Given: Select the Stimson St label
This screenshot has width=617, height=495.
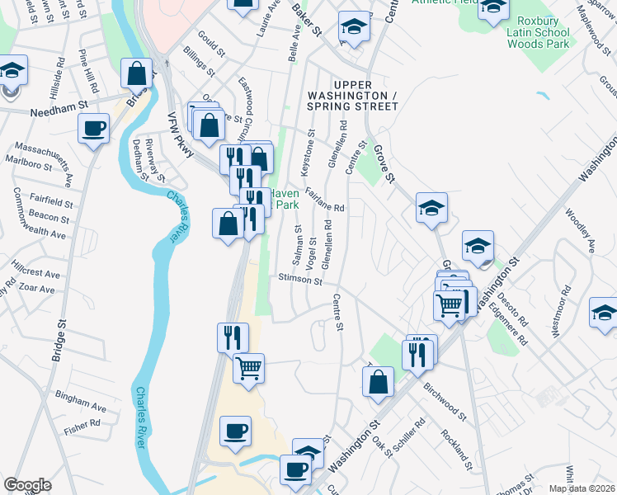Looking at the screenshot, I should coord(299,280).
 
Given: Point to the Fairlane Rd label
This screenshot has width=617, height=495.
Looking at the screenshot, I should coord(324,202).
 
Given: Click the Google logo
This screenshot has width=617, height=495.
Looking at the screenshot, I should coord(27,485).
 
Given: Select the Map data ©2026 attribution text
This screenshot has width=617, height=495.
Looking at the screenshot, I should coord(582,488).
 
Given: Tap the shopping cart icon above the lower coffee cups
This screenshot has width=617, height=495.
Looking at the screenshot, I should coord(248,367).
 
